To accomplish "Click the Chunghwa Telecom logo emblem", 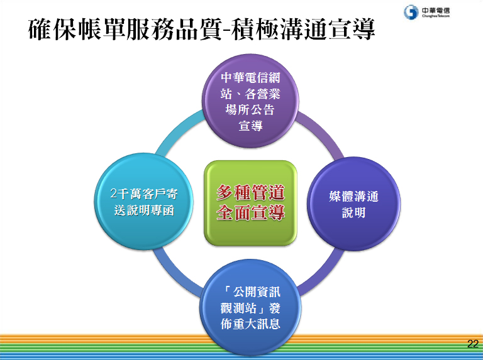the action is [x=411, y=12].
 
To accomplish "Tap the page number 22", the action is [x=472, y=344].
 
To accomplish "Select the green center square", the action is [x=250, y=203].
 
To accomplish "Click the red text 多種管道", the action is [x=250, y=193].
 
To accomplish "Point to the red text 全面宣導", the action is [x=250, y=212].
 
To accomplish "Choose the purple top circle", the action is [x=250, y=101].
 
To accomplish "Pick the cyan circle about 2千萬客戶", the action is [x=143, y=202].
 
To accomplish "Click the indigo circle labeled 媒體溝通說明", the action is [x=353, y=204].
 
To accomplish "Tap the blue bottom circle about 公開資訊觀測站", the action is [x=250, y=308].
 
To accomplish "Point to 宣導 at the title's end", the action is [x=352, y=30].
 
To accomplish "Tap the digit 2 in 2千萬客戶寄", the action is [x=114, y=194].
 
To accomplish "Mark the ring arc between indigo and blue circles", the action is [x=322, y=271].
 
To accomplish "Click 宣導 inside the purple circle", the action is [x=250, y=126].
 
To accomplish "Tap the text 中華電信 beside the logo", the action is [x=436, y=11].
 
